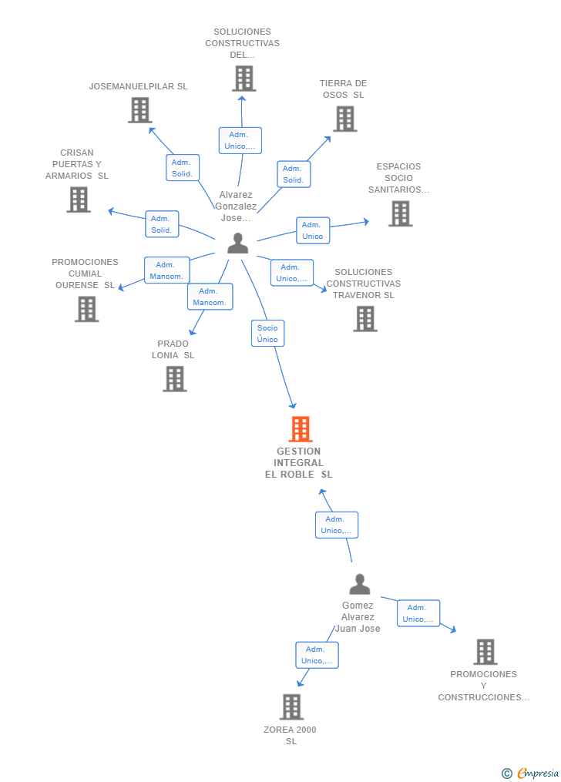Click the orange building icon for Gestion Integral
coord(301,429)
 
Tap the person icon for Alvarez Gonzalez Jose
coord(238,243)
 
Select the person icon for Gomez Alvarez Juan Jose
coord(360,584)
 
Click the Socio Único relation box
coord(267,333)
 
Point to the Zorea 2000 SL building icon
coord(292,706)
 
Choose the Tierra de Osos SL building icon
coord(345,119)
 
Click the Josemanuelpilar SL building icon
coord(140,109)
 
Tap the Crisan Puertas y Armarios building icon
coord(79,200)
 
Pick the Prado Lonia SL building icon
coord(175,379)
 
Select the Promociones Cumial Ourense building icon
coord(87,309)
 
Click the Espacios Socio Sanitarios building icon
coord(401,213)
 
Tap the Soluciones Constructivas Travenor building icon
coord(365,319)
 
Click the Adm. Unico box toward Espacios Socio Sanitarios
coord(313,230)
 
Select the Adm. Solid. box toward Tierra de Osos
coord(294,174)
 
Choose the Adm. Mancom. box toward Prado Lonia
coord(210,297)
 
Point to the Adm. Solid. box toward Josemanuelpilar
coord(183,168)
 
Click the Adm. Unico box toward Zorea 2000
coord(317,655)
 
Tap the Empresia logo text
coord(538,773)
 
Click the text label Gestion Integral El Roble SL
coord(299,463)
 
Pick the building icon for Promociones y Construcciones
coord(485,651)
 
